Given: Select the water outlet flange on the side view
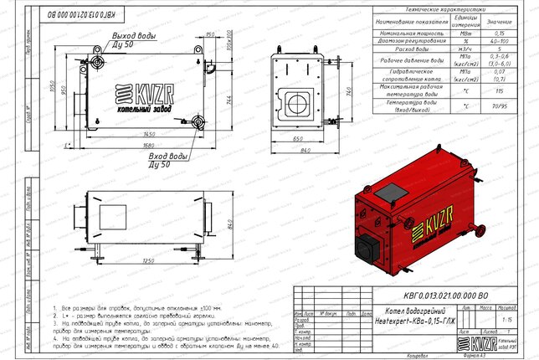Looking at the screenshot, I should pyautogui.click(x=99, y=62).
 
